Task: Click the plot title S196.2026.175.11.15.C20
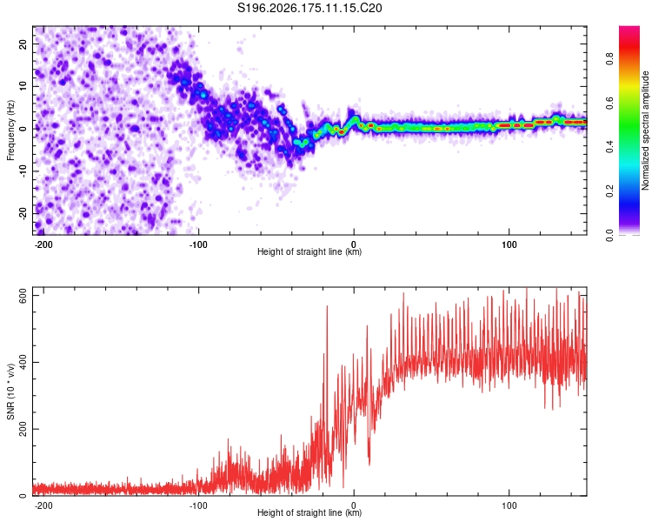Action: tap(309, 8)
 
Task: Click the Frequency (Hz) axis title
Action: tap(10, 130)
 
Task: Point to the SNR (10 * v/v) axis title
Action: tap(10, 391)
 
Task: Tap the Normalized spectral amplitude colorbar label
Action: tap(645, 130)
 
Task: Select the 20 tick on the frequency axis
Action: tap(23, 44)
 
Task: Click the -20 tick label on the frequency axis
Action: tap(23, 213)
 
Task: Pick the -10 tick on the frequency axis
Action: tap(23, 171)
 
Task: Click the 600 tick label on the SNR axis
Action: tap(23, 296)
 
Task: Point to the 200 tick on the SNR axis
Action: tap(23, 429)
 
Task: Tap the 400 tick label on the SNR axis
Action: tap(23, 362)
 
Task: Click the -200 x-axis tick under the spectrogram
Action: tap(43, 244)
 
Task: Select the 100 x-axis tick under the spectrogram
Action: tap(509, 244)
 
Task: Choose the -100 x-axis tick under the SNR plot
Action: tap(198, 505)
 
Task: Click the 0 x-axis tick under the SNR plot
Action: tap(354, 505)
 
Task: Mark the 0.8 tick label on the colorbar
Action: tap(609, 58)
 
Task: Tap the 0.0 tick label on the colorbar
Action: tap(609, 235)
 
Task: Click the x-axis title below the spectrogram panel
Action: tap(309, 251)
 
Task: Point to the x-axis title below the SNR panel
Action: tap(309, 512)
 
